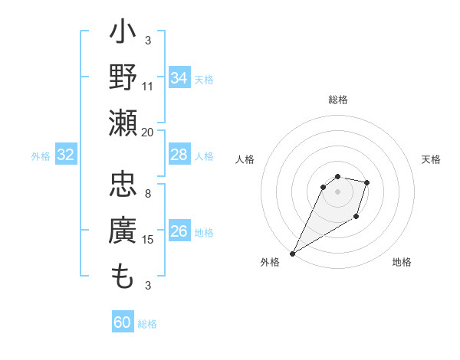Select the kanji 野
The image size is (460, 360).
tap(123, 77)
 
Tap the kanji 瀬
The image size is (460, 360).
tap(123, 123)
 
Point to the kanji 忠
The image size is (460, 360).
tap(123, 186)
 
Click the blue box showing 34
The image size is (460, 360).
tap(179, 78)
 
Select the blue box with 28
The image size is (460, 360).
tap(179, 155)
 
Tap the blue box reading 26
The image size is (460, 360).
tap(179, 232)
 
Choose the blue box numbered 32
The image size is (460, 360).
tap(66, 155)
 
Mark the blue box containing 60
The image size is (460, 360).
tap(123, 322)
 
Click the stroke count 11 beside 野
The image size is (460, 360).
tap(148, 86)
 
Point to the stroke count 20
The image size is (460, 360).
tap(148, 132)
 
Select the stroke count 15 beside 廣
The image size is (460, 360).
tap(148, 240)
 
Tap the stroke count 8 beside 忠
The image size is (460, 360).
tap(148, 194)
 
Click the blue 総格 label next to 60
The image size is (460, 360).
tap(147, 324)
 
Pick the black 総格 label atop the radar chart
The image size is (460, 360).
tap(338, 100)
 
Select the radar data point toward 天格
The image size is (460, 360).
tap(367, 182)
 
